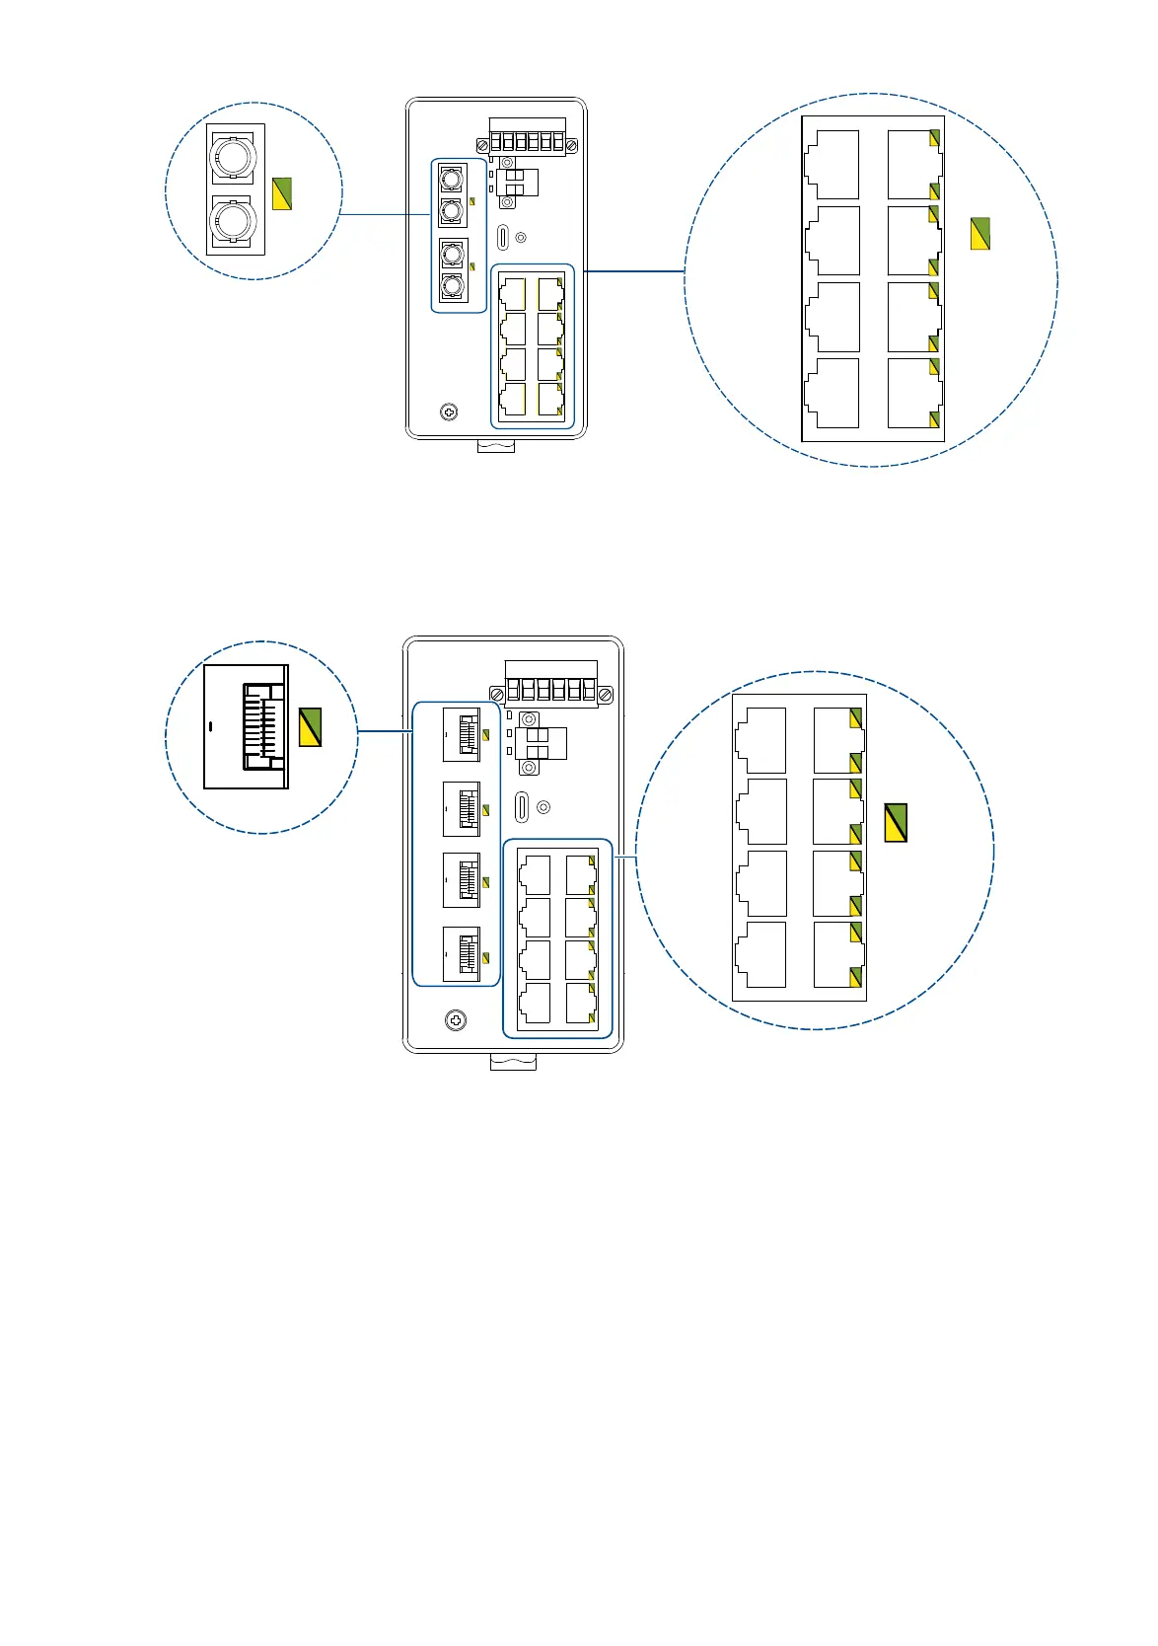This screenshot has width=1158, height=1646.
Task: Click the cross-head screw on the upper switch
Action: click(449, 411)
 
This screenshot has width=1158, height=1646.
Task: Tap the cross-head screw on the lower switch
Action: click(456, 1019)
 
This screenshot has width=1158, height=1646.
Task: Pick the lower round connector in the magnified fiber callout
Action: click(235, 221)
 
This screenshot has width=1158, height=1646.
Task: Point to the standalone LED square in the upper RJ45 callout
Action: click(979, 233)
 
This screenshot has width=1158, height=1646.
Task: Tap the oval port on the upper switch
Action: click(503, 237)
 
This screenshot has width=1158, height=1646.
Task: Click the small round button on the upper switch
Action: click(522, 238)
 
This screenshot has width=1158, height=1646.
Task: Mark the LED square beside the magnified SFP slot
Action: click(310, 727)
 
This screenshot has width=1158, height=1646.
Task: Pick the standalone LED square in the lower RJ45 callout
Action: click(896, 822)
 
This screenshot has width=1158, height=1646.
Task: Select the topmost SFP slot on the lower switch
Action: click(462, 734)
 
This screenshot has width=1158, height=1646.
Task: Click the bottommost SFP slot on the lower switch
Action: click(462, 954)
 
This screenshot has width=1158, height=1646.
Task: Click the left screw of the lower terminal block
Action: click(498, 695)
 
